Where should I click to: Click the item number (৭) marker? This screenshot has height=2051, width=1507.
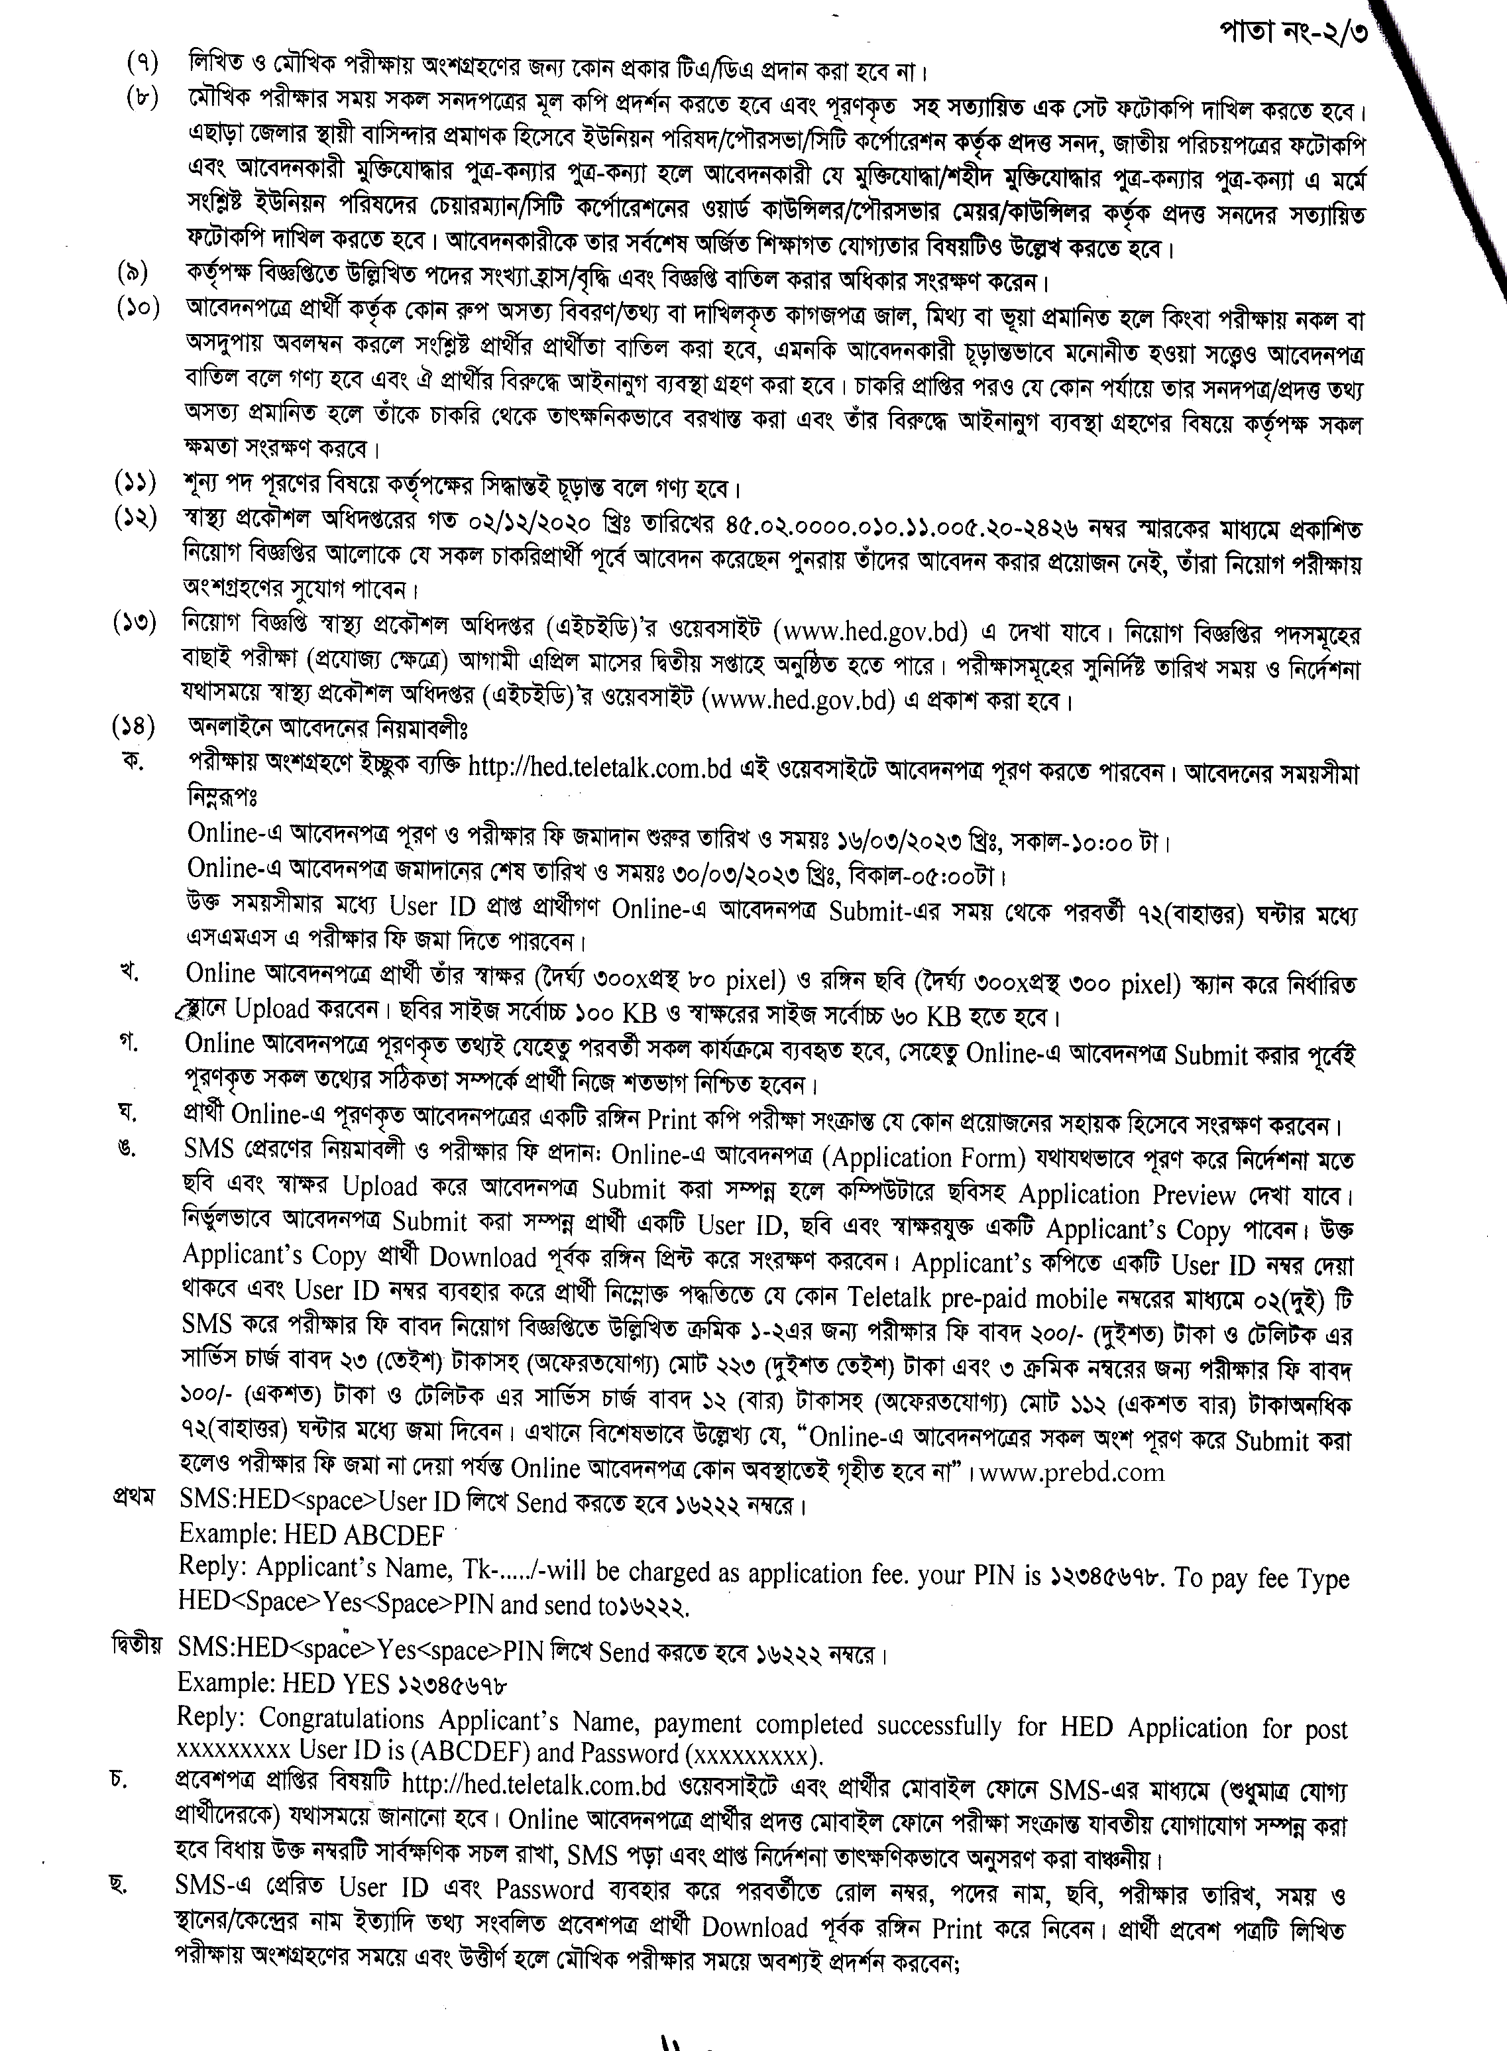coord(142,65)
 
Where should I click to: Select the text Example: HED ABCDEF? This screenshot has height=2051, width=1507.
coord(311,1535)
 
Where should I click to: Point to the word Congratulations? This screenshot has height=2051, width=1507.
coord(341,1718)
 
